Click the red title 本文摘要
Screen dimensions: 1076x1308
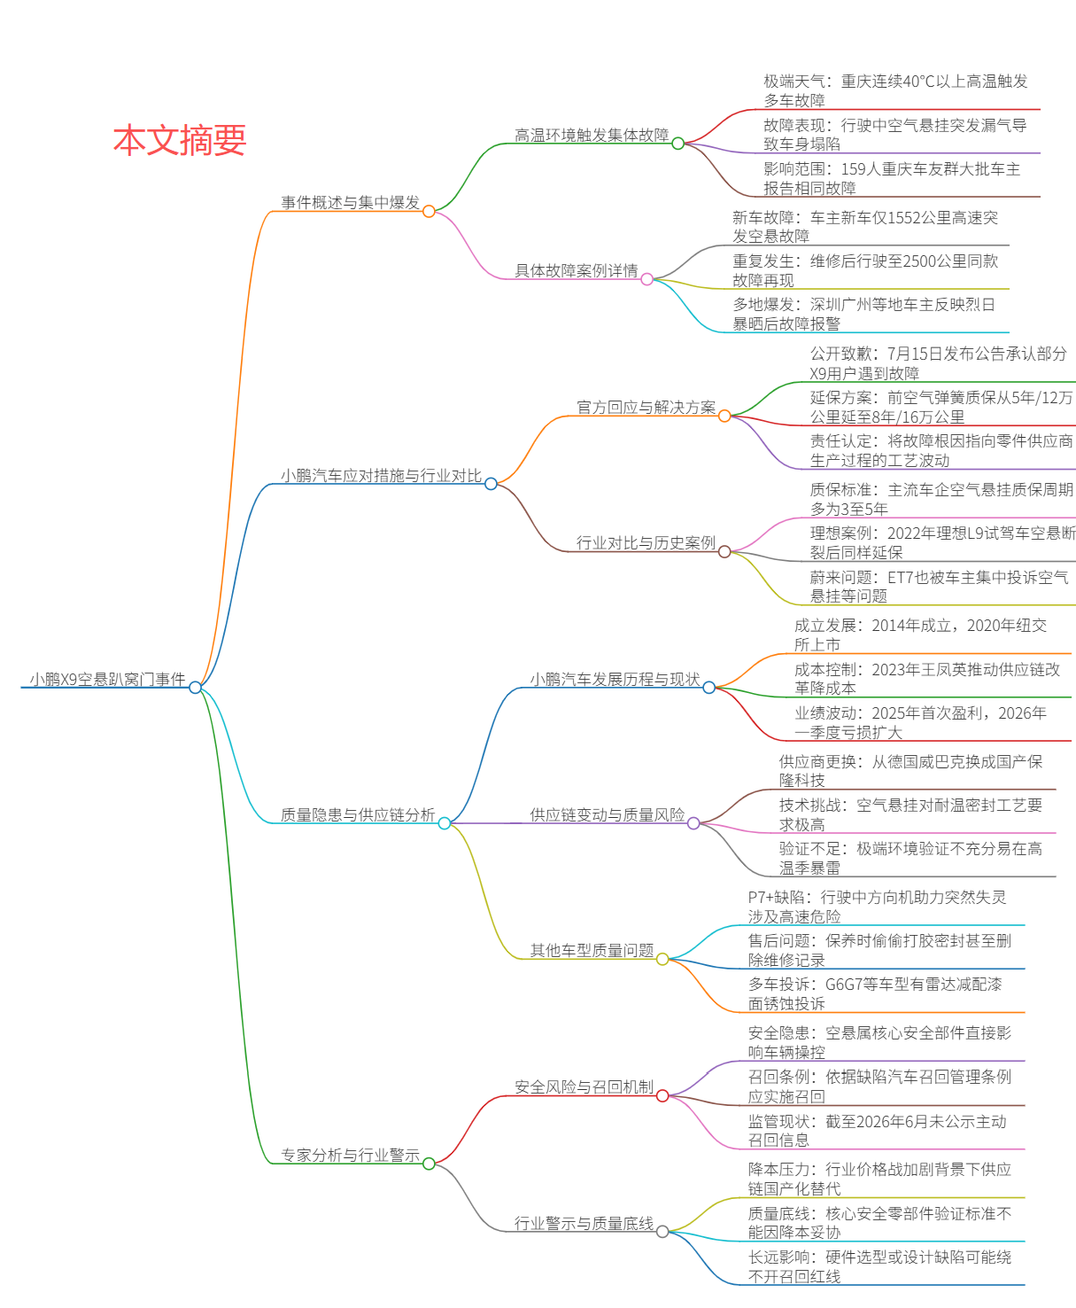tap(180, 140)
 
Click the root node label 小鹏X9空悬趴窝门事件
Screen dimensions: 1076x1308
tap(108, 679)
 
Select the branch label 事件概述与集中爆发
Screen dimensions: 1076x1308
tap(350, 202)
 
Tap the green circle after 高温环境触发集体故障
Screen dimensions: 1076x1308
tap(678, 144)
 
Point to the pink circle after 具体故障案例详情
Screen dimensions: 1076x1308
tap(647, 280)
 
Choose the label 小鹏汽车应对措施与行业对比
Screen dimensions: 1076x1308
tap(381, 476)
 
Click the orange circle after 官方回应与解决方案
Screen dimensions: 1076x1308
tap(724, 417)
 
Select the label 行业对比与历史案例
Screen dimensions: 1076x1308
tap(646, 543)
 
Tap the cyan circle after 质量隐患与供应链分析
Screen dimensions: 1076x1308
tap(445, 823)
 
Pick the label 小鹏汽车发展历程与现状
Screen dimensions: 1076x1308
tap(615, 679)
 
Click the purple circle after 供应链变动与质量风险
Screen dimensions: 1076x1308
tap(693, 823)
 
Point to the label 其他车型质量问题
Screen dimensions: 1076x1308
tap(592, 951)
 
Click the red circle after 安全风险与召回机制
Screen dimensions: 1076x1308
tap(662, 1096)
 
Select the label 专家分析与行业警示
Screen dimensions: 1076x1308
tap(350, 1155)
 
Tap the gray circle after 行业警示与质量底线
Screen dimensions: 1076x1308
tap(662, 1232)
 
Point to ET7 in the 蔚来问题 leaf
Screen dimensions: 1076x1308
tap(901, 578)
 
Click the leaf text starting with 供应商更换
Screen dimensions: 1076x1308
tap(910, 771)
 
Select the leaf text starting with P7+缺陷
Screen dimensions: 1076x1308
tap(877, 907)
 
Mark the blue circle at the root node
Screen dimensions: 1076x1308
tap(195, 688)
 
